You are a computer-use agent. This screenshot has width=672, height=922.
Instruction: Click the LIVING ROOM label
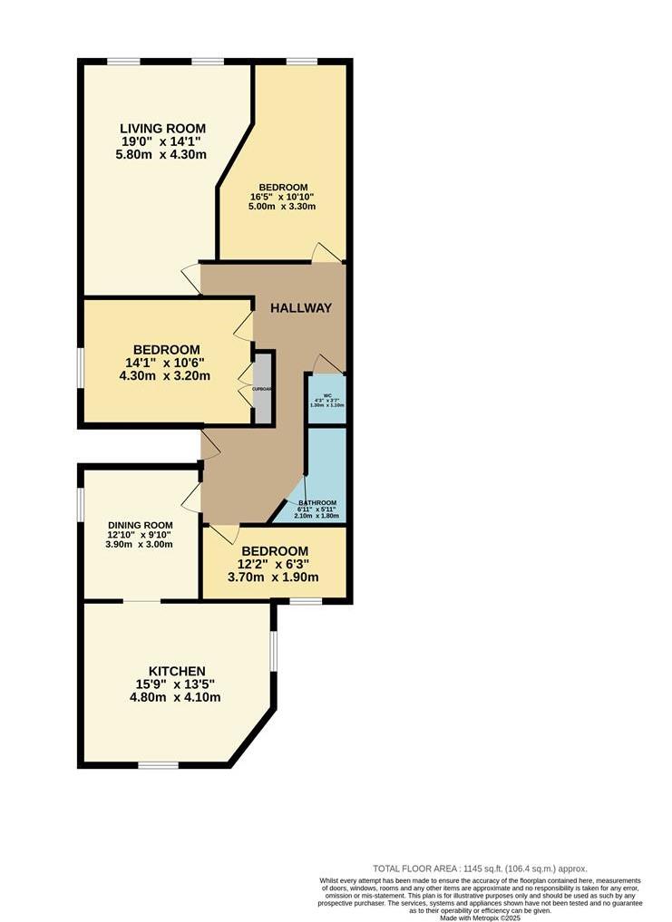click(164, 128)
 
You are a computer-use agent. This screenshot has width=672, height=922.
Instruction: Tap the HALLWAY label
click(301, 308)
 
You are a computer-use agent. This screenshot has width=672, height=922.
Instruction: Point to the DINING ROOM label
click(140, 525)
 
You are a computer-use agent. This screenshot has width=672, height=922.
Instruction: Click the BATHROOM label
click(317, 503)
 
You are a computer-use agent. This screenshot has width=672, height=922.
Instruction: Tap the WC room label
click(326, 395)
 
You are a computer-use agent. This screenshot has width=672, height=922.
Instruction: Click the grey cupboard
click(263, 388)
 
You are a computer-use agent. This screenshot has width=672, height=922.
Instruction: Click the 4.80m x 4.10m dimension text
click(175, 697)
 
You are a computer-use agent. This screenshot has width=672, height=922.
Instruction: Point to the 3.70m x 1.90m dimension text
click(274, 577)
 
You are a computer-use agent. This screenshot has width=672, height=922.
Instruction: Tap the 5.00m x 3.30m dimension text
click(283, 207)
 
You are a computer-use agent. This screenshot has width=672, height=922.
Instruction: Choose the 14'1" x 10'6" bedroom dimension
click(167, 364)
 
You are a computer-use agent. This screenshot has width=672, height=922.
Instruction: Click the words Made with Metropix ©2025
click(480, 917)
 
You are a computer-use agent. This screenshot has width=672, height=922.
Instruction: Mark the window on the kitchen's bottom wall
click(159, 766)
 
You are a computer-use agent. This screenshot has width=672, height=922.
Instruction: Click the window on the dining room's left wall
click(80, 504)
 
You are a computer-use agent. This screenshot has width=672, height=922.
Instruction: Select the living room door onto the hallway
click(191, 276)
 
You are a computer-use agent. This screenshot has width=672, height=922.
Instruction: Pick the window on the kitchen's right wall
click(273, 649)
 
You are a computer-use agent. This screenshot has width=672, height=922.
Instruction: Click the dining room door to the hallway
click(191, 497)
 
